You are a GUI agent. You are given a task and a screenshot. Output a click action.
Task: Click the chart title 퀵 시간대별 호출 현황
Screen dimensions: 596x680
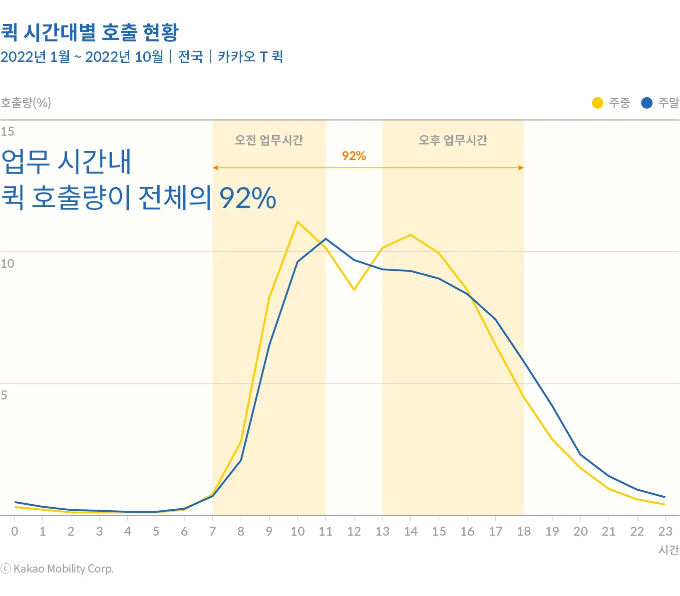point(89,32)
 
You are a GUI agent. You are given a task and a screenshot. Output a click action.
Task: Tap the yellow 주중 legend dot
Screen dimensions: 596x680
point(598,103)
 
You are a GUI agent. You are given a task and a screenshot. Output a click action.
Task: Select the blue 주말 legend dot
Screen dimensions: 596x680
point(647,103)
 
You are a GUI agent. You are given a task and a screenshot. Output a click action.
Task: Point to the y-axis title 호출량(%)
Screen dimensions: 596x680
point(26,103)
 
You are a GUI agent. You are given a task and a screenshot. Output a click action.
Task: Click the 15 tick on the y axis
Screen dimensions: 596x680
point(7,131)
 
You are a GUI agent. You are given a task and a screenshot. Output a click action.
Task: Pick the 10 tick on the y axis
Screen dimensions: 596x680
point(7,263)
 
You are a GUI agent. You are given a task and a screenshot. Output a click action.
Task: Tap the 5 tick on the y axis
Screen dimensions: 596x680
point(4,396)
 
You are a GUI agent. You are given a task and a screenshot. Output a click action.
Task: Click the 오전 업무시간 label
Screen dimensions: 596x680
point(269,140)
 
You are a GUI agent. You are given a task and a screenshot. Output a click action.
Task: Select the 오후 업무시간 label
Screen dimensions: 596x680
point(453,140)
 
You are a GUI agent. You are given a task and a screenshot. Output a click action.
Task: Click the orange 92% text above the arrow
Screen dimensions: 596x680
point(354,156)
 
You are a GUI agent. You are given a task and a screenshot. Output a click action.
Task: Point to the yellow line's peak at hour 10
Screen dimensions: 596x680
point(298,222)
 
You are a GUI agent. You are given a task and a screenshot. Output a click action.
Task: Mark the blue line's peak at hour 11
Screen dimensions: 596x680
point(326,239)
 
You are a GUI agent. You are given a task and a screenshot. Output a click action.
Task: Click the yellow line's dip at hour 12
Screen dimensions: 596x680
point(354,289)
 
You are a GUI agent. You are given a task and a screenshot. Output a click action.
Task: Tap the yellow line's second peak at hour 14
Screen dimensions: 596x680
point(410,235)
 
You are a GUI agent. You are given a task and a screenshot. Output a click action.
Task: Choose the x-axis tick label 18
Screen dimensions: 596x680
point(524,532)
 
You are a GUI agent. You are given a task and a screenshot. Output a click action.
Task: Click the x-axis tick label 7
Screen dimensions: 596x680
point(213,532)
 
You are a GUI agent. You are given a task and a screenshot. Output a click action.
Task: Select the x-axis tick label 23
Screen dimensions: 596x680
point(665,532)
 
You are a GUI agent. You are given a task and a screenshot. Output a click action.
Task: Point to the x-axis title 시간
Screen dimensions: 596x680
point(669,550)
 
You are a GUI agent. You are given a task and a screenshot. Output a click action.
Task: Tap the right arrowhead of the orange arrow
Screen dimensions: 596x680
point(521,168)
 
